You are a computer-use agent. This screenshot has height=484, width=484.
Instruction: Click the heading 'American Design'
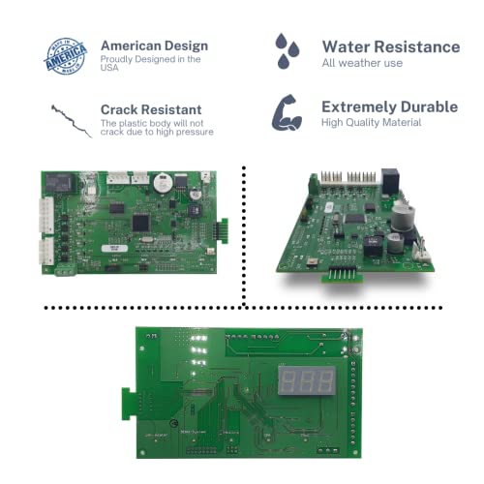click(x=154, y=45)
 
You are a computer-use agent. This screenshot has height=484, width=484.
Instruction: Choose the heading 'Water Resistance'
click(x=390, y=46)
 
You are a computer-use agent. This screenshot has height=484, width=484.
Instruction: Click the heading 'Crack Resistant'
click(x=151, y=109)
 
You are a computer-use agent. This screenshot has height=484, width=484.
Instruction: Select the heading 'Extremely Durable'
click(x=390, y=106)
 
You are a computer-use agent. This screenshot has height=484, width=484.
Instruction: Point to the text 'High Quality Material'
click(x=372, y=122)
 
